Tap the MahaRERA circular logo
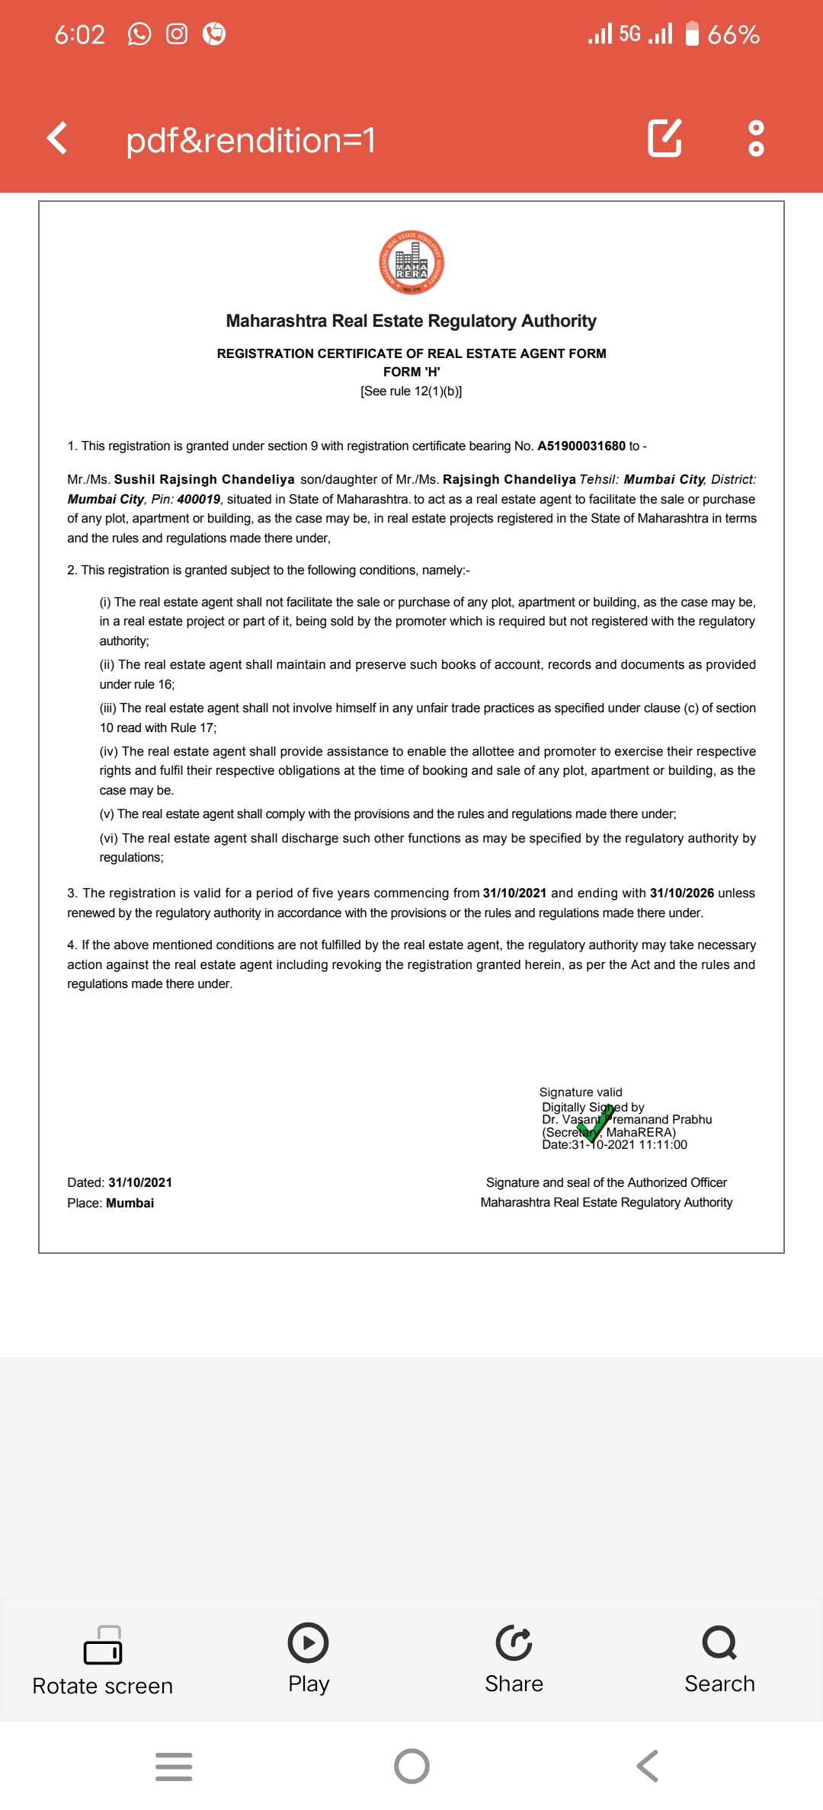411,263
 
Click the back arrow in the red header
58,139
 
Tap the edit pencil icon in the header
664,138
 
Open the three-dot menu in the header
756,138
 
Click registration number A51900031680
581,446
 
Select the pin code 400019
198,500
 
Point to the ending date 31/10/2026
681,894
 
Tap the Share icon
514,1642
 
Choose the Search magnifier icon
719,1642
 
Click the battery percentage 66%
733,35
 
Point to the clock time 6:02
79,35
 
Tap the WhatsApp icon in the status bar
139,34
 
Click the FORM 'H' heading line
411,372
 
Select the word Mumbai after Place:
130,1204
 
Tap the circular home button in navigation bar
411,1766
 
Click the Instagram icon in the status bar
177,34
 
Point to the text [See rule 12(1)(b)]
411,392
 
